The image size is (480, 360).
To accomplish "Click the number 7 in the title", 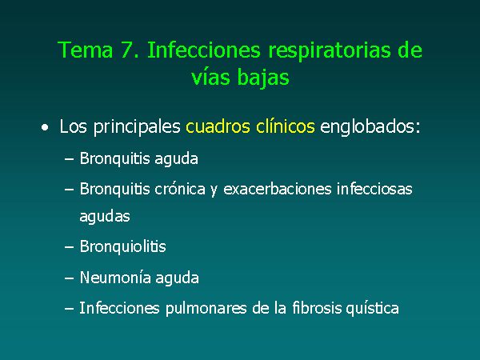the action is pos(127,50).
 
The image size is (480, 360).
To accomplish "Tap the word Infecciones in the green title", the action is pos(204,50).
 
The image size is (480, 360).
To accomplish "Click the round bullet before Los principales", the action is pos(46,128).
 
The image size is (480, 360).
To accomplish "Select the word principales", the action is pos(137,127).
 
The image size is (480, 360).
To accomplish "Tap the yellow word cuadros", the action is pos(218,126).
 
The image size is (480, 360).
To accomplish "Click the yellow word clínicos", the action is pos(286,126).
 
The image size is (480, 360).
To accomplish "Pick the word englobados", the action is pos(370,127).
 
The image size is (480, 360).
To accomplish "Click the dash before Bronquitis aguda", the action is pos(69,159).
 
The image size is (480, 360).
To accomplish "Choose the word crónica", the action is pos(180,189).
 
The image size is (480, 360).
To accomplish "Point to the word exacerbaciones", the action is pos(278,189).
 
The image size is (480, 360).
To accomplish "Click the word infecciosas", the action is pos(374,189).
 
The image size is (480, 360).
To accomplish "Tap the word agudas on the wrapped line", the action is pos(105,216).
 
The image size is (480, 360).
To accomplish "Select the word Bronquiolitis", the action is pos(122,246).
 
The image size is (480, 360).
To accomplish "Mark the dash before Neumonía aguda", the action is pos(69,278).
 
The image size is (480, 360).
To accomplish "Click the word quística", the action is pos(373,309).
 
